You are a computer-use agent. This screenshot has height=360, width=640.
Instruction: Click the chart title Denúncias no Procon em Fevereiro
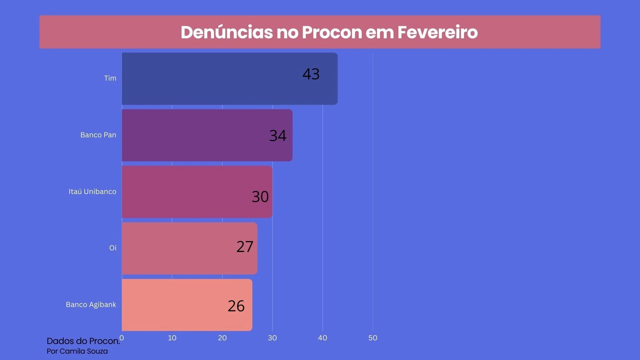point(329,32)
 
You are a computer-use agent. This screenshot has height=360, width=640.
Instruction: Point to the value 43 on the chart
point(311,74)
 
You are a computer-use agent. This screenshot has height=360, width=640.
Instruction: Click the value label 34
point(278,136)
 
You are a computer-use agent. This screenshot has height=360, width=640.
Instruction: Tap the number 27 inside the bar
point(245,247)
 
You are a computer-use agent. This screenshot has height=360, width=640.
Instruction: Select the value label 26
point(236,306)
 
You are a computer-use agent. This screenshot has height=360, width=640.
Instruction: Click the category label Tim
point(110,78)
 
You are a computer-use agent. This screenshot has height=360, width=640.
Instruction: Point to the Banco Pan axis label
point(98,135)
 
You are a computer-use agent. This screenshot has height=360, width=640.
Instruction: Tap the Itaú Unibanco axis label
point(92,192)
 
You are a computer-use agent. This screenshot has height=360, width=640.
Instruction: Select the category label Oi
point(113,248)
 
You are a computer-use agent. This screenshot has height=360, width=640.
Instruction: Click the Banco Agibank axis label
point(91,305)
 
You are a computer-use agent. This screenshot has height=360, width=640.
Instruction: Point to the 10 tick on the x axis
point(172,338)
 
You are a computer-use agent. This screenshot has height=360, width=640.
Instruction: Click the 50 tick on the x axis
point(373,338)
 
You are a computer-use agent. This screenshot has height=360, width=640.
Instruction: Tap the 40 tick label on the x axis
point(322,338)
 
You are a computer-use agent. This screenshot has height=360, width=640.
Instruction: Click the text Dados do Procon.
point(83,341)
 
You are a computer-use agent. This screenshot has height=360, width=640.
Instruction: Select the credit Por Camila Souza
point(77,351)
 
